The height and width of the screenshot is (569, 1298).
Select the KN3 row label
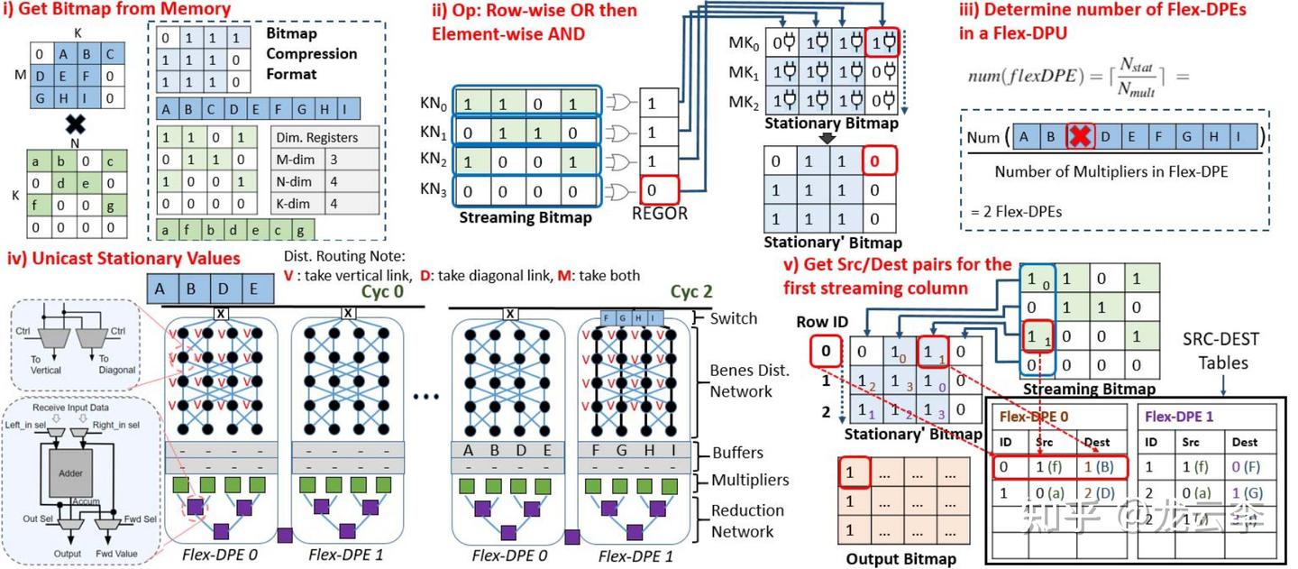coord(435,191)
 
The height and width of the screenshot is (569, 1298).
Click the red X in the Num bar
coord(1080,138)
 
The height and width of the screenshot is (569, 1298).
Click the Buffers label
coord(736,453)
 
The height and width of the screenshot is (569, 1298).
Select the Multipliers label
coord(749,481)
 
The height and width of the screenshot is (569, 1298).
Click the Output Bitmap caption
coord(900,559)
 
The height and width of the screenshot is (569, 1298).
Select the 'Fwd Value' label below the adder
coord(116,554)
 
